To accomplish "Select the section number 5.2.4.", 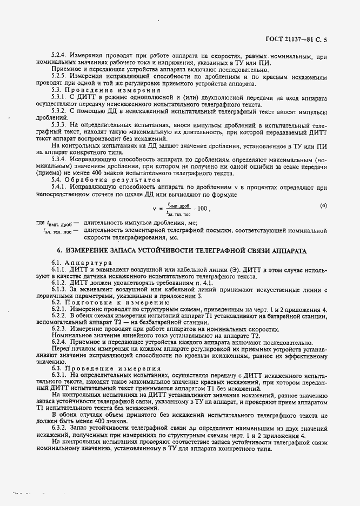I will (59, 55).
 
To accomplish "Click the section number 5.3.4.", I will (59, 160).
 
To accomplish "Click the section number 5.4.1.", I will (59, 186).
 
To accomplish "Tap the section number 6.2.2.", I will (59, 316).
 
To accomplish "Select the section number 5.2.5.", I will (59, 76).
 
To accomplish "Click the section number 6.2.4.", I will (59, 342).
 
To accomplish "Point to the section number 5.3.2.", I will (59, 110).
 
